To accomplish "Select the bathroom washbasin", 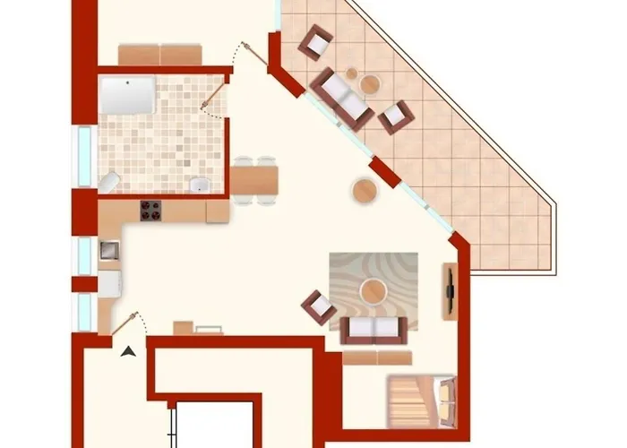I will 202,185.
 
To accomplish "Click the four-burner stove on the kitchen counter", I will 150,211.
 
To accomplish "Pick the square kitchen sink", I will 109,248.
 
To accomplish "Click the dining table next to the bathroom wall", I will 254,181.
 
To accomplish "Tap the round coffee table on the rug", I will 373,290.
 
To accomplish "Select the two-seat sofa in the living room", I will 375,329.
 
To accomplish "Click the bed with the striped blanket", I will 420,399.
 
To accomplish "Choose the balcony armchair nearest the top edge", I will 315,42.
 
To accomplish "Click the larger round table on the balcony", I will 370,84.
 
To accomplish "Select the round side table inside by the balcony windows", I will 365,190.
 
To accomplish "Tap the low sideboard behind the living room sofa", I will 377,358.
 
